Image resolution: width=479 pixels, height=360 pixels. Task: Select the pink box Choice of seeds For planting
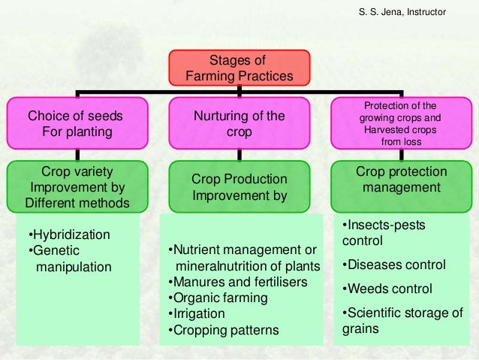75,124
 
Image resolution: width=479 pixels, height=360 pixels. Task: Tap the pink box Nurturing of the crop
239,124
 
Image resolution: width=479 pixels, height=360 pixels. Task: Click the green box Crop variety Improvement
75,186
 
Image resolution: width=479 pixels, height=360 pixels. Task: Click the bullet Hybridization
68,235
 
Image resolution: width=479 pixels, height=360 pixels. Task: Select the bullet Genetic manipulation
68,259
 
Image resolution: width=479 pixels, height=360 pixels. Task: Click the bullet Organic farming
216,298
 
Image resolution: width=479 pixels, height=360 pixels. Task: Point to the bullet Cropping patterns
223,330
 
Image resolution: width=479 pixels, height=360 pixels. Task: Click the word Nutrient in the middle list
194,250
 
